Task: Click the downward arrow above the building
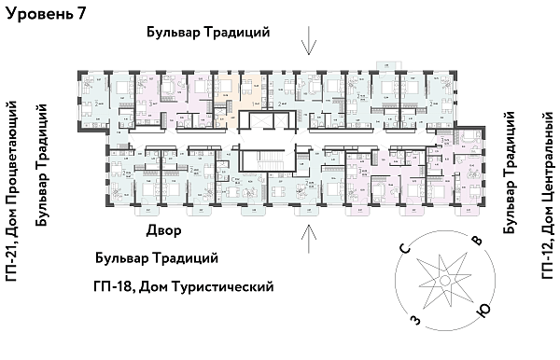coord(309,41)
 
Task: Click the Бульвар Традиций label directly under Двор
coord(157,258)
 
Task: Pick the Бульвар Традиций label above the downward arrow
coord(208,32)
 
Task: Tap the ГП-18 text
coord(114,286)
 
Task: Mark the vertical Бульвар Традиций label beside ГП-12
coord(511,173)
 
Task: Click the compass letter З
coord(413,320)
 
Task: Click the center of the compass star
coord(445,282)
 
